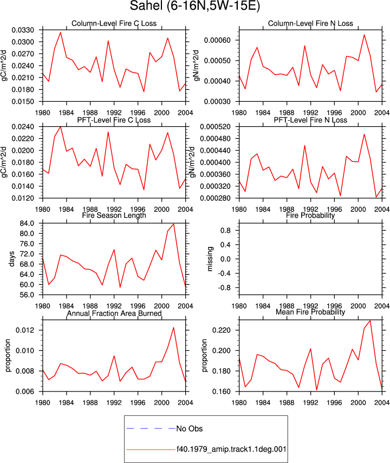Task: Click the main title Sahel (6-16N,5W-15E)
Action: point(195,6)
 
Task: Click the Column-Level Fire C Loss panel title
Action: point(114,23)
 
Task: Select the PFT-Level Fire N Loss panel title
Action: point(310,120)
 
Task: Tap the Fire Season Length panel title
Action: point(114,216)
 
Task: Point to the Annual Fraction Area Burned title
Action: point(114,314)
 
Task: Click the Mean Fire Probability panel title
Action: point(310,312)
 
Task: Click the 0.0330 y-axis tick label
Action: point(23,30)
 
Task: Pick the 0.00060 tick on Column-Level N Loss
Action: point(217,40)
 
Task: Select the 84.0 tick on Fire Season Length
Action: point(27,223)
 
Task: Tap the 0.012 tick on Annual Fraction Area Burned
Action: point(25,330)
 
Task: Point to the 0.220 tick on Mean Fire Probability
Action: point(222,330)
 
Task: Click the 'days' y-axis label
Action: point(11,259)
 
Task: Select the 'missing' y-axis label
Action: point(210,259)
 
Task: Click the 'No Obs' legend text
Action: point(190,429)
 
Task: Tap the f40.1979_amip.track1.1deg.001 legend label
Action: point(231,449)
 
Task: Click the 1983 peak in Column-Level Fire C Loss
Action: point(61,32)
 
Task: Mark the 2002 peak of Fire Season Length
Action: point(174,224)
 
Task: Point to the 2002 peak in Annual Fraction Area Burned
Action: point(174,328)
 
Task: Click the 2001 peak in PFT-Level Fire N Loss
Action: point(364,134)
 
